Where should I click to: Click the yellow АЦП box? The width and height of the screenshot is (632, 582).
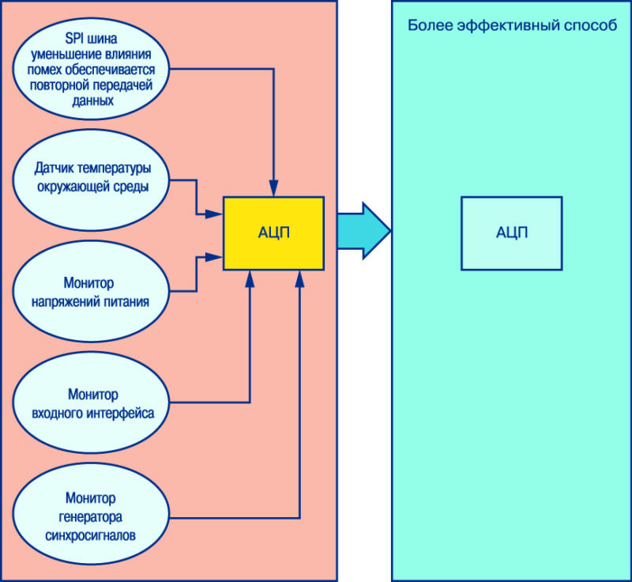point(273,233)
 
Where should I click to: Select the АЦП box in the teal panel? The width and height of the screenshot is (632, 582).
point(511,233)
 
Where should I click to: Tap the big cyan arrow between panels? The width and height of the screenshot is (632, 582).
point(364,231)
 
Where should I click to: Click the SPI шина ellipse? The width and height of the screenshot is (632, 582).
point(91,69)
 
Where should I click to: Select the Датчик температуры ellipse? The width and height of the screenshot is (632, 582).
point(91,180)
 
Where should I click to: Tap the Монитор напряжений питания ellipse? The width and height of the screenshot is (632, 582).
point(91,291)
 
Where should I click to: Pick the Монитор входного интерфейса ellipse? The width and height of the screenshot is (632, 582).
point(91,402)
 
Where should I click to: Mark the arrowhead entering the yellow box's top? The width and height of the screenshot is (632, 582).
point(273,188)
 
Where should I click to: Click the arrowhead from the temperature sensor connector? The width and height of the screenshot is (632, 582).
point(214,214)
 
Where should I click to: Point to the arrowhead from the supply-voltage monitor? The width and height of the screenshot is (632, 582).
point(214,257)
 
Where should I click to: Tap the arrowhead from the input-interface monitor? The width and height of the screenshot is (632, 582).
point(250,278)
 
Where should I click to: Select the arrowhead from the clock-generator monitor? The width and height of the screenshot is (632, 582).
point(299,278)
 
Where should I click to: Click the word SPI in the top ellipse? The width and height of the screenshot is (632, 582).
point(73,39)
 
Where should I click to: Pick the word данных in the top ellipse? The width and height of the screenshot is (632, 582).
point(92,101)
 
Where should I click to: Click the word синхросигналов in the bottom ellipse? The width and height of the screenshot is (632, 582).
point(90,535)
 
